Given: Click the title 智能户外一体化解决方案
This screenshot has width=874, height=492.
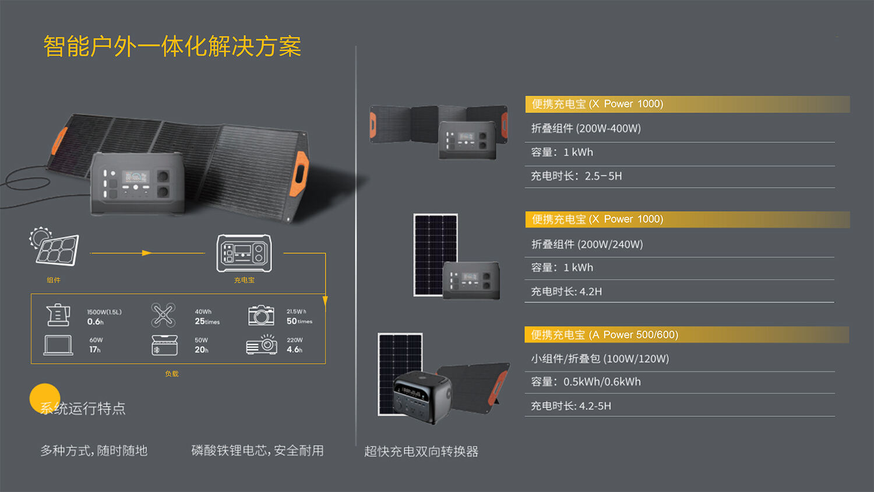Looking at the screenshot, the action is point(172,47).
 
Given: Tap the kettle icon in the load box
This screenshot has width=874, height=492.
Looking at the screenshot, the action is point(58,315).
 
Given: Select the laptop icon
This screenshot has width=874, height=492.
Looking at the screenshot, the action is point(58,345).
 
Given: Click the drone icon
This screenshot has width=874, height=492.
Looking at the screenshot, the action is point(163,315).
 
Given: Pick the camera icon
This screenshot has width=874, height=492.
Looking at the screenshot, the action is point(261,315).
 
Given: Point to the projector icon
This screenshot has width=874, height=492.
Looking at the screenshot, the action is point(262,345).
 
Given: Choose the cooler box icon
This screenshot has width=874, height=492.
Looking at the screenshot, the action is point(164,345).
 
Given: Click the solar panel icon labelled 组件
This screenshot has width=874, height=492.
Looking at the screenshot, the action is point(54,247).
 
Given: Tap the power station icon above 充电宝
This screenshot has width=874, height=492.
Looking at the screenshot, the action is point(244,253).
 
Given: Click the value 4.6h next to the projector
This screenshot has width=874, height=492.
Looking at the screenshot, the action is point(295,350).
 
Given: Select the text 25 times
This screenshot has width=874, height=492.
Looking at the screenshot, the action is point(207,321).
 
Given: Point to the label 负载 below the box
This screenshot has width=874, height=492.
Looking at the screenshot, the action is point(172,374).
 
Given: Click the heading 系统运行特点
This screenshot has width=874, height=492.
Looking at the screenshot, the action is point(83,409).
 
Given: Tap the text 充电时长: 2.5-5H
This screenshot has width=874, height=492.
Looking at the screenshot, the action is point(576,176).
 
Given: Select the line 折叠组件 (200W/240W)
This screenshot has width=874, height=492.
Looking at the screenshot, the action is point(587,244).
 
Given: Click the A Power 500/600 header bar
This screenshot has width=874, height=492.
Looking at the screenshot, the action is point(687,335).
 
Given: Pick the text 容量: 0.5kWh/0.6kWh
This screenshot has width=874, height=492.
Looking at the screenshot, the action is point(586,382).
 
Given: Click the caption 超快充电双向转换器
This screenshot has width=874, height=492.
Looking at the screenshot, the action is point(421,451).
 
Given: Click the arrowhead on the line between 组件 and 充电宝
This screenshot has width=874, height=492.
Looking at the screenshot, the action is point(147,253).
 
